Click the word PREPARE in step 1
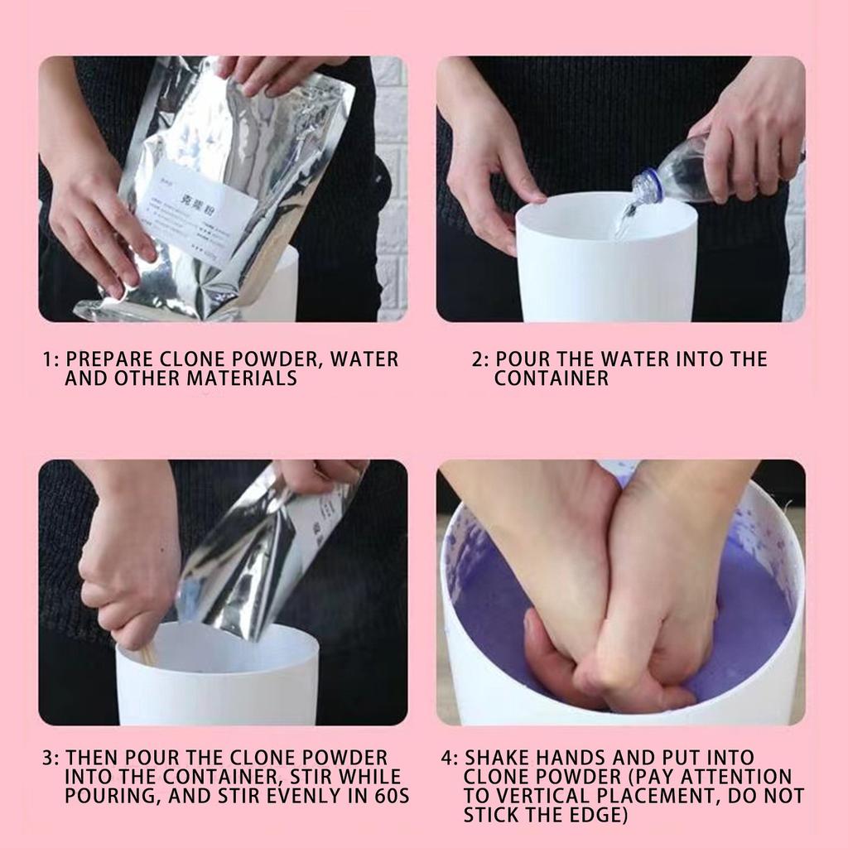click(x=104, y=359)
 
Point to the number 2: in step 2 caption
click(x=480, y=359)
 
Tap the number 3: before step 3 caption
click(x=51, y=758)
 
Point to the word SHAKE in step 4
click(x=495, y=758)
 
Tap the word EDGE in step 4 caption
click(x=600, y=815)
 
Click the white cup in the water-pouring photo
click(x=606, y=265)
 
